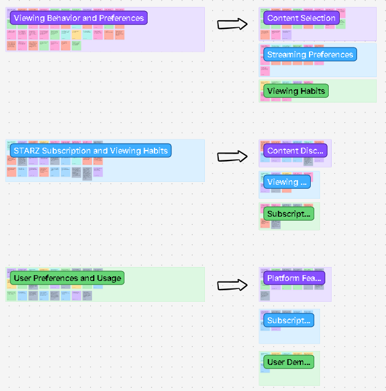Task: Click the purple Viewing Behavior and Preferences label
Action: point(78,18)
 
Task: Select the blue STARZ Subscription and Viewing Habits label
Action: point(90,151)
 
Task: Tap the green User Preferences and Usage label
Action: point(67,278)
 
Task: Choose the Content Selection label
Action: point(301,18)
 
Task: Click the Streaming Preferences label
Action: point(310,54)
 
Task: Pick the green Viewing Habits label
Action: point(296,91)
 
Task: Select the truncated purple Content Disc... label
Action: point(295,151)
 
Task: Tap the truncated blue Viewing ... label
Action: point(286,182)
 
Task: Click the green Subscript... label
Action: point(289,214)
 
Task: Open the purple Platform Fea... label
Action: point(294,278)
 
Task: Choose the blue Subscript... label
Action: point(289,320)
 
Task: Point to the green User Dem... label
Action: point(289,363)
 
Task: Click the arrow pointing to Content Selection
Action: point(232,24)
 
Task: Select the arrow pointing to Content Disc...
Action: point(232,156)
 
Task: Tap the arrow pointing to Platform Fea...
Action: point(232,285)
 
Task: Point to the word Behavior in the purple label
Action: point(64,18)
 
